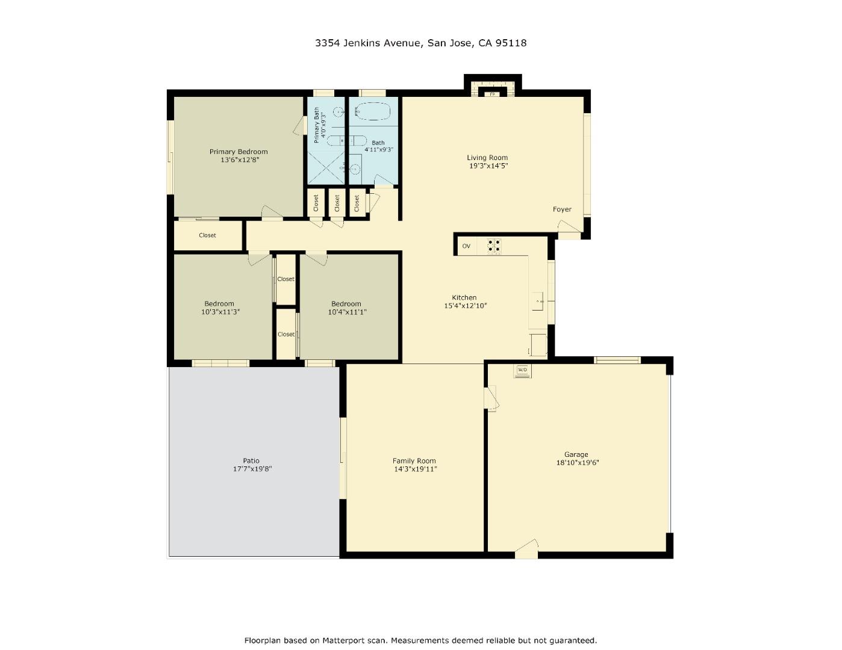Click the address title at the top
420,43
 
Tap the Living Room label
487,158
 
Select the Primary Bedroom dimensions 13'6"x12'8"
239,160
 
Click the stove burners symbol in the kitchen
494,246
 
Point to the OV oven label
466,246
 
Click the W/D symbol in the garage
522,370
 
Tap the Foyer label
562,209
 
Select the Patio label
251,460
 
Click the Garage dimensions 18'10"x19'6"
577,463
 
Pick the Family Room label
414,461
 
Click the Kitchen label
464,297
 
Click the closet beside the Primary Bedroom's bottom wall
207,235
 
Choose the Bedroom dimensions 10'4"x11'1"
347,312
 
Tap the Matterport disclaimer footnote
420,640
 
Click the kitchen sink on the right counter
538,300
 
